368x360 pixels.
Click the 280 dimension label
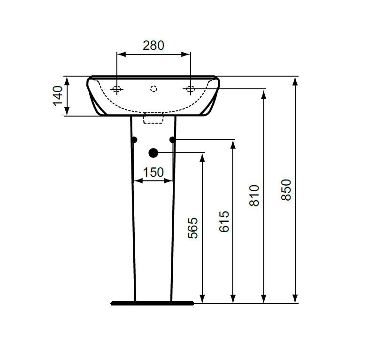(x=153, y=46)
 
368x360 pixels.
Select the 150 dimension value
(x=153, y=172)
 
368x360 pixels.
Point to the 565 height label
(x=193, y=228)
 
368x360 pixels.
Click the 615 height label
(x=224, y=222)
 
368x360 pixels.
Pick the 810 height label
(x=254, y=196)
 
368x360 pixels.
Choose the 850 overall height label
(x=286, y=190)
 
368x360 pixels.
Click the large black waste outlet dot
(x=153, y=153)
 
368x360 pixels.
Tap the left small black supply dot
(x=134, y=140)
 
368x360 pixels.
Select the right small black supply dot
(x=173, y=140)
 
